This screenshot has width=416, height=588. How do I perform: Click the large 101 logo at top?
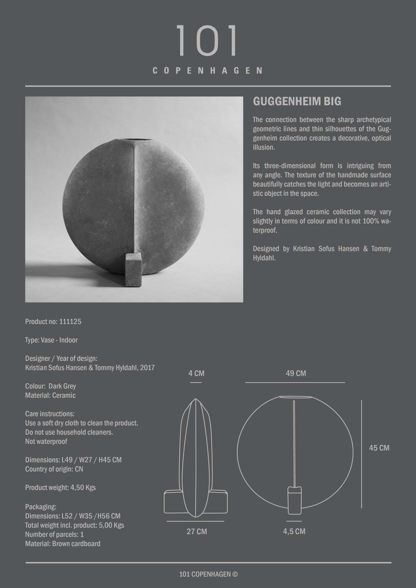point(207,40)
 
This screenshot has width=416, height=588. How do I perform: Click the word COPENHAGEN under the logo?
point(207,71)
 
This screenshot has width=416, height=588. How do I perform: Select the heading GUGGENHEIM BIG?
point(297,102)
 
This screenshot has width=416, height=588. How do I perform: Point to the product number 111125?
point(70,322)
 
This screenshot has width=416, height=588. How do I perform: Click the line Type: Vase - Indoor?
point(51,340)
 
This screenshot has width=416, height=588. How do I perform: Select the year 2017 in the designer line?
point(147,367)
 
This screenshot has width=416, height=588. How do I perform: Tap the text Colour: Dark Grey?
point(51,386)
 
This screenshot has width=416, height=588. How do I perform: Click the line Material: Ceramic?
point(50,395)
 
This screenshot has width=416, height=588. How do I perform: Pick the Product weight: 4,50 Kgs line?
point(60,487)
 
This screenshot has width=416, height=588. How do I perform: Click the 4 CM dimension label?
point(196,373)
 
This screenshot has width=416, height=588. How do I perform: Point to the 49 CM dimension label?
point(296,373)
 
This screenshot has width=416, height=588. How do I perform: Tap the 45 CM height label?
point(379,448)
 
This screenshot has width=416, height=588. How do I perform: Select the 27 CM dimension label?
point(197,531)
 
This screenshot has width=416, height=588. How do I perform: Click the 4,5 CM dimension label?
point(294,531)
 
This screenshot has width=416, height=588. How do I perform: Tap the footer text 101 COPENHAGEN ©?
point(208,574)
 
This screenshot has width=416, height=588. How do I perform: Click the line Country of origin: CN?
point(54,469)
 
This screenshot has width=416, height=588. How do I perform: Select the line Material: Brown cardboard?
point(63,543)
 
